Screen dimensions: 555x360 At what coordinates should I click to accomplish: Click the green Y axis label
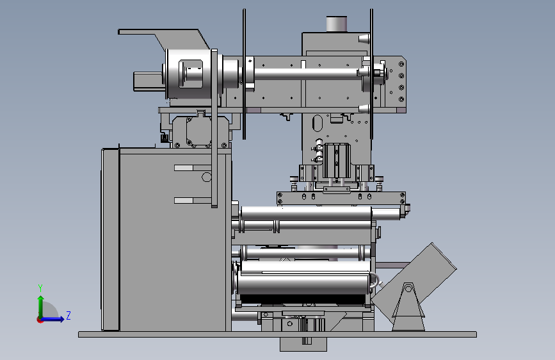click(40, 288)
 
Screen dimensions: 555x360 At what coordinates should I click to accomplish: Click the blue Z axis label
click(68, 315)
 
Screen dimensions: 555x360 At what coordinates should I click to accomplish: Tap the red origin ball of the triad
click(40, 320)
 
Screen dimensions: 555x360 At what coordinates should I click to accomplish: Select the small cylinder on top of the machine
click(336, 24)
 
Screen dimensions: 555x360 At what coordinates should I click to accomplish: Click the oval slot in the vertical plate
click(318, 123)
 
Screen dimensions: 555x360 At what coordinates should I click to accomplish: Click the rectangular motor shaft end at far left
click(149, 81)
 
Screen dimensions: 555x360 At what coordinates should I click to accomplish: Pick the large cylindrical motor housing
click(189, 74)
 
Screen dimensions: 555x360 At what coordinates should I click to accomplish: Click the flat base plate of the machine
click(278, 334)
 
